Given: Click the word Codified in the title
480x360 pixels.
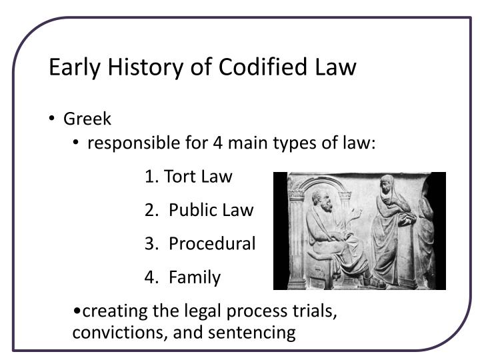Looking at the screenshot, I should (269, 68).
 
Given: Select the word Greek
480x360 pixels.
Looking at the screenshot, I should (87, 119).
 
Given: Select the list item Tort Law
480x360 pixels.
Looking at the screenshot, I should (189, 177).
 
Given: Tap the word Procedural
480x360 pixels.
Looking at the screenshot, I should (212, 244).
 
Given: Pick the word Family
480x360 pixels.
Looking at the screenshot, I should (195, 277).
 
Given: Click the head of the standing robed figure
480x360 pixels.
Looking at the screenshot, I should (386, 184).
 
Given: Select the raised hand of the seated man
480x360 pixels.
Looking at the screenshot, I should (357, 214).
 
